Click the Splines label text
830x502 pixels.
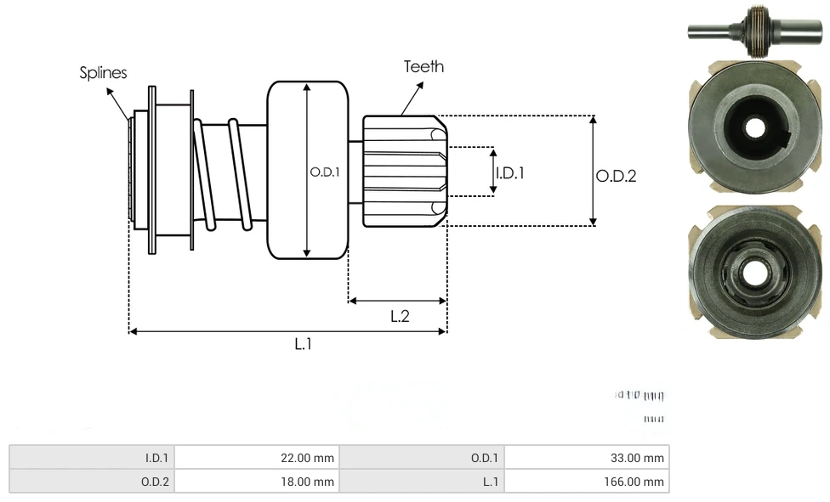coord(103,73)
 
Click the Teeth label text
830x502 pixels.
coord(424,66)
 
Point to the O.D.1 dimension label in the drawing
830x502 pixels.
coord(325,172)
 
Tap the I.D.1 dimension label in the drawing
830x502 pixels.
coord(509,172)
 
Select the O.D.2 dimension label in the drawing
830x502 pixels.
coord(616,176)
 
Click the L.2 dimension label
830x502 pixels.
coord(400,316)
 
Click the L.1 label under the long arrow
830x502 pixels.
coord(304,344)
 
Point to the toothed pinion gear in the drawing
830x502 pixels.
coord(404,172)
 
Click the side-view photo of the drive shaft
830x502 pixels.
coord(754,32)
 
